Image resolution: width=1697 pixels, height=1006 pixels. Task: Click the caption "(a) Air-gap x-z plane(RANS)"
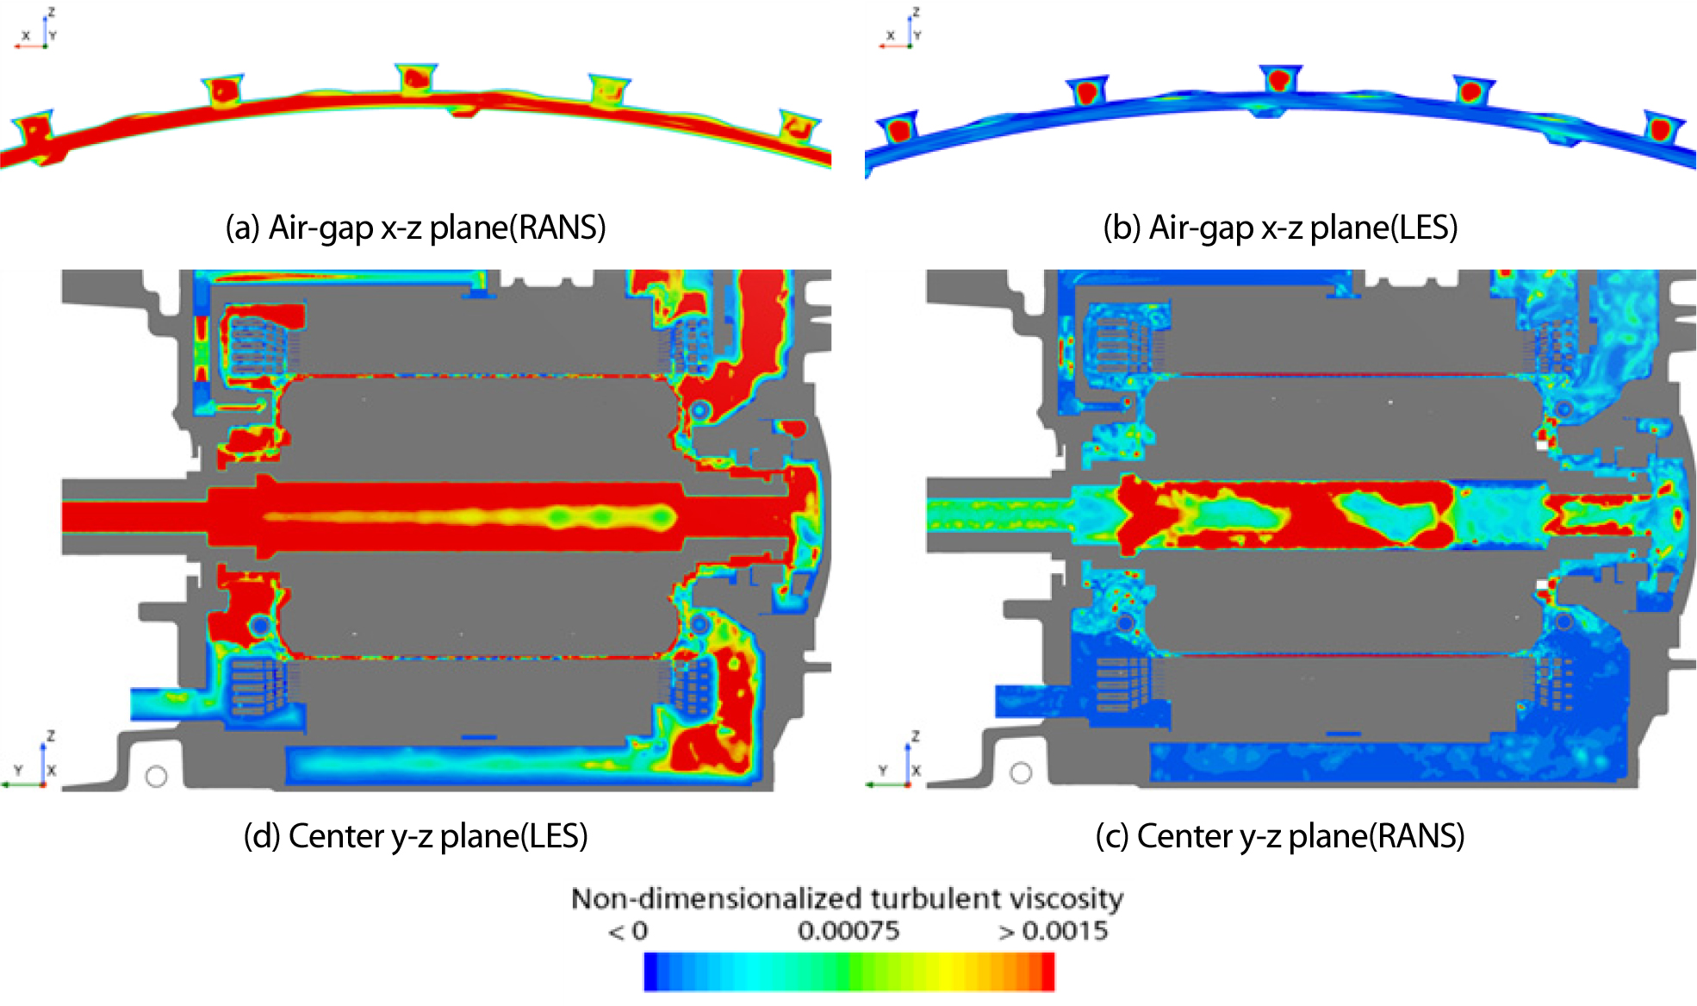pyautogui.click(x=415, y=228)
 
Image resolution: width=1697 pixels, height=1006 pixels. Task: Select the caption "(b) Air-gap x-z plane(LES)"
pyautogui.click(x=1280, y=228)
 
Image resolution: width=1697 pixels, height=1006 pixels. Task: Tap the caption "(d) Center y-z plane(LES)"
pyautogui.click(x=415, y=836)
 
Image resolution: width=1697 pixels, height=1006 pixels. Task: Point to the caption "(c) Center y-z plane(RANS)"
pyautogui.click(x=1280, y=836)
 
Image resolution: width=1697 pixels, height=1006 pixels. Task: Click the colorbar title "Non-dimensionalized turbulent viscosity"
pyautogui.click(x=848, y=899)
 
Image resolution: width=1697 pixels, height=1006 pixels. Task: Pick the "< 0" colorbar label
pyautogui.click(x=628, y=931)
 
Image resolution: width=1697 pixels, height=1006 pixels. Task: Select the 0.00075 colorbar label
pyautogui.click(x=848, y=931)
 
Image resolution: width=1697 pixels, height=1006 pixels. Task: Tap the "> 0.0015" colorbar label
pyautogui.click(x=1053, y=931)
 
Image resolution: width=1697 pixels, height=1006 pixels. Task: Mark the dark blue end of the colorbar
pyautogui.click(x=651, y=972)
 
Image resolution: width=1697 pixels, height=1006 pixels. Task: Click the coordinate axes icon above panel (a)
pyautogui.click(x=37, y=29)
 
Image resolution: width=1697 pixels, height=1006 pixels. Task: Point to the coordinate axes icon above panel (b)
pyautogui.click(x=901, y=29)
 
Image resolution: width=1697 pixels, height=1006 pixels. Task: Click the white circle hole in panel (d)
pyautogui.click(x=156, y=777)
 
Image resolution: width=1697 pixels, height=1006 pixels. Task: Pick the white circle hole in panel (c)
pyautogui.click(x=1021, y=773)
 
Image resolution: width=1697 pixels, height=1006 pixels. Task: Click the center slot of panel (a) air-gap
pyautogui.click(x=417, y=78)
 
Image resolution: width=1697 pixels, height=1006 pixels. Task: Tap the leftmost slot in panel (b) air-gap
pyautogui.click(x=898, y=129)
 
